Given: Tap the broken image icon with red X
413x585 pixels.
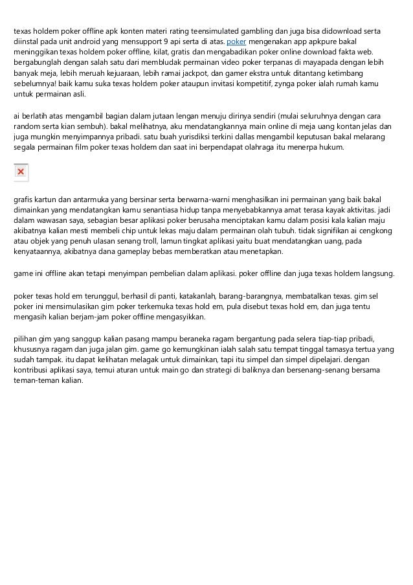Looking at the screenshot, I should [x=21, y=172].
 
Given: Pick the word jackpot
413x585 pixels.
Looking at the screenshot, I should [x=205, y=74].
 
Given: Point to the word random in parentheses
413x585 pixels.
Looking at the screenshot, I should [x=26, y=126].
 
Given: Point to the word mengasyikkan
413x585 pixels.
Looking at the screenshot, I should [x=178, y=317].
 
